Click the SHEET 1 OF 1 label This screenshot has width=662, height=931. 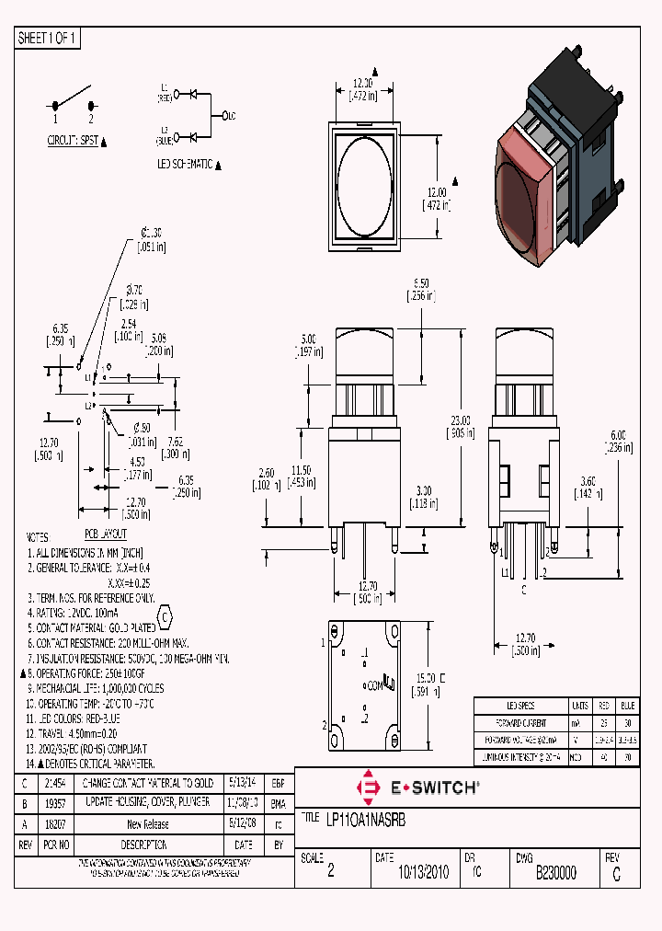tap(48, 38)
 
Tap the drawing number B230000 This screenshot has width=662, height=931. tap(555, 873)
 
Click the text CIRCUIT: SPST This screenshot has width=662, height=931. tap(73, 142)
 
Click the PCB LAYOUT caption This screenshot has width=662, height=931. tap(106, 534)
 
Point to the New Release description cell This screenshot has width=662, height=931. tap(147, 824)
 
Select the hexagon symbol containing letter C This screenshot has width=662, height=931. tap(165, 615)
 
